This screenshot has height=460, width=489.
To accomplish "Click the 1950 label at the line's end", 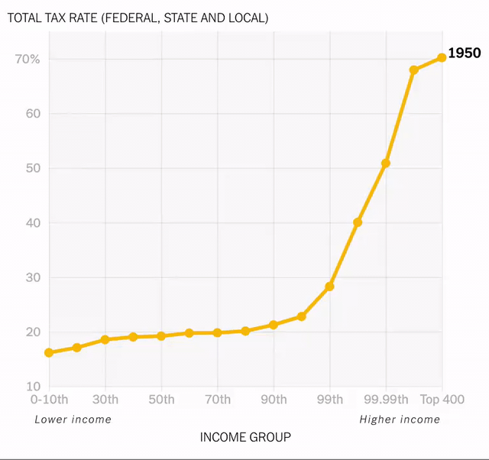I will coord(464,53).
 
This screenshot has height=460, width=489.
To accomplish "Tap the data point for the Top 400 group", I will coord(442,57).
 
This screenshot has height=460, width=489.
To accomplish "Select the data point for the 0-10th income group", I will coord(49,353).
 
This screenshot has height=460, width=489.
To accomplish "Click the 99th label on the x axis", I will coord(329,400).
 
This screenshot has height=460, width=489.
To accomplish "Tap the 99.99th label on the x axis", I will coord(386,400).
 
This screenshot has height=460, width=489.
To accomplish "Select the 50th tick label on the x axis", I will coord(161,400).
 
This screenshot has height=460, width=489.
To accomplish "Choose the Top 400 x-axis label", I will coord(442,400).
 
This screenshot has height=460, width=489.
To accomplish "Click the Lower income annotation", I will coord(73,419).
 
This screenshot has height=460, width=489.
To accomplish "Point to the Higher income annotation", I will coord(400,419).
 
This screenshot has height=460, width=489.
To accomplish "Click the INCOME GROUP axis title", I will coord(245,437).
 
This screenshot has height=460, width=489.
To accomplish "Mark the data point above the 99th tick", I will coord(329,287).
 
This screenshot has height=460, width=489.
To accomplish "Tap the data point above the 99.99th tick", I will coord(386,164).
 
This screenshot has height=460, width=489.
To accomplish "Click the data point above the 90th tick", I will coord(274,325).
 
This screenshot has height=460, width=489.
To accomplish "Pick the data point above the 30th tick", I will coord(105,339).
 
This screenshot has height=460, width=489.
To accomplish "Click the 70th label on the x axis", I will coord(218,400).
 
